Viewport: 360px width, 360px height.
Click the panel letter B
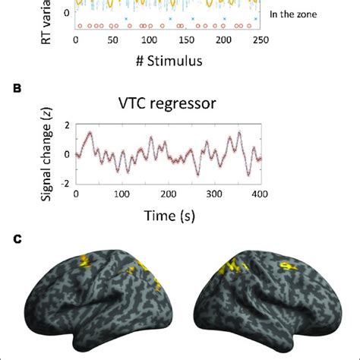tap(16, 89)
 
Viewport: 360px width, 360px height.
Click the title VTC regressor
tap(169, 105)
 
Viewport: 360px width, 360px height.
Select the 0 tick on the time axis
tap(76, 194)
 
